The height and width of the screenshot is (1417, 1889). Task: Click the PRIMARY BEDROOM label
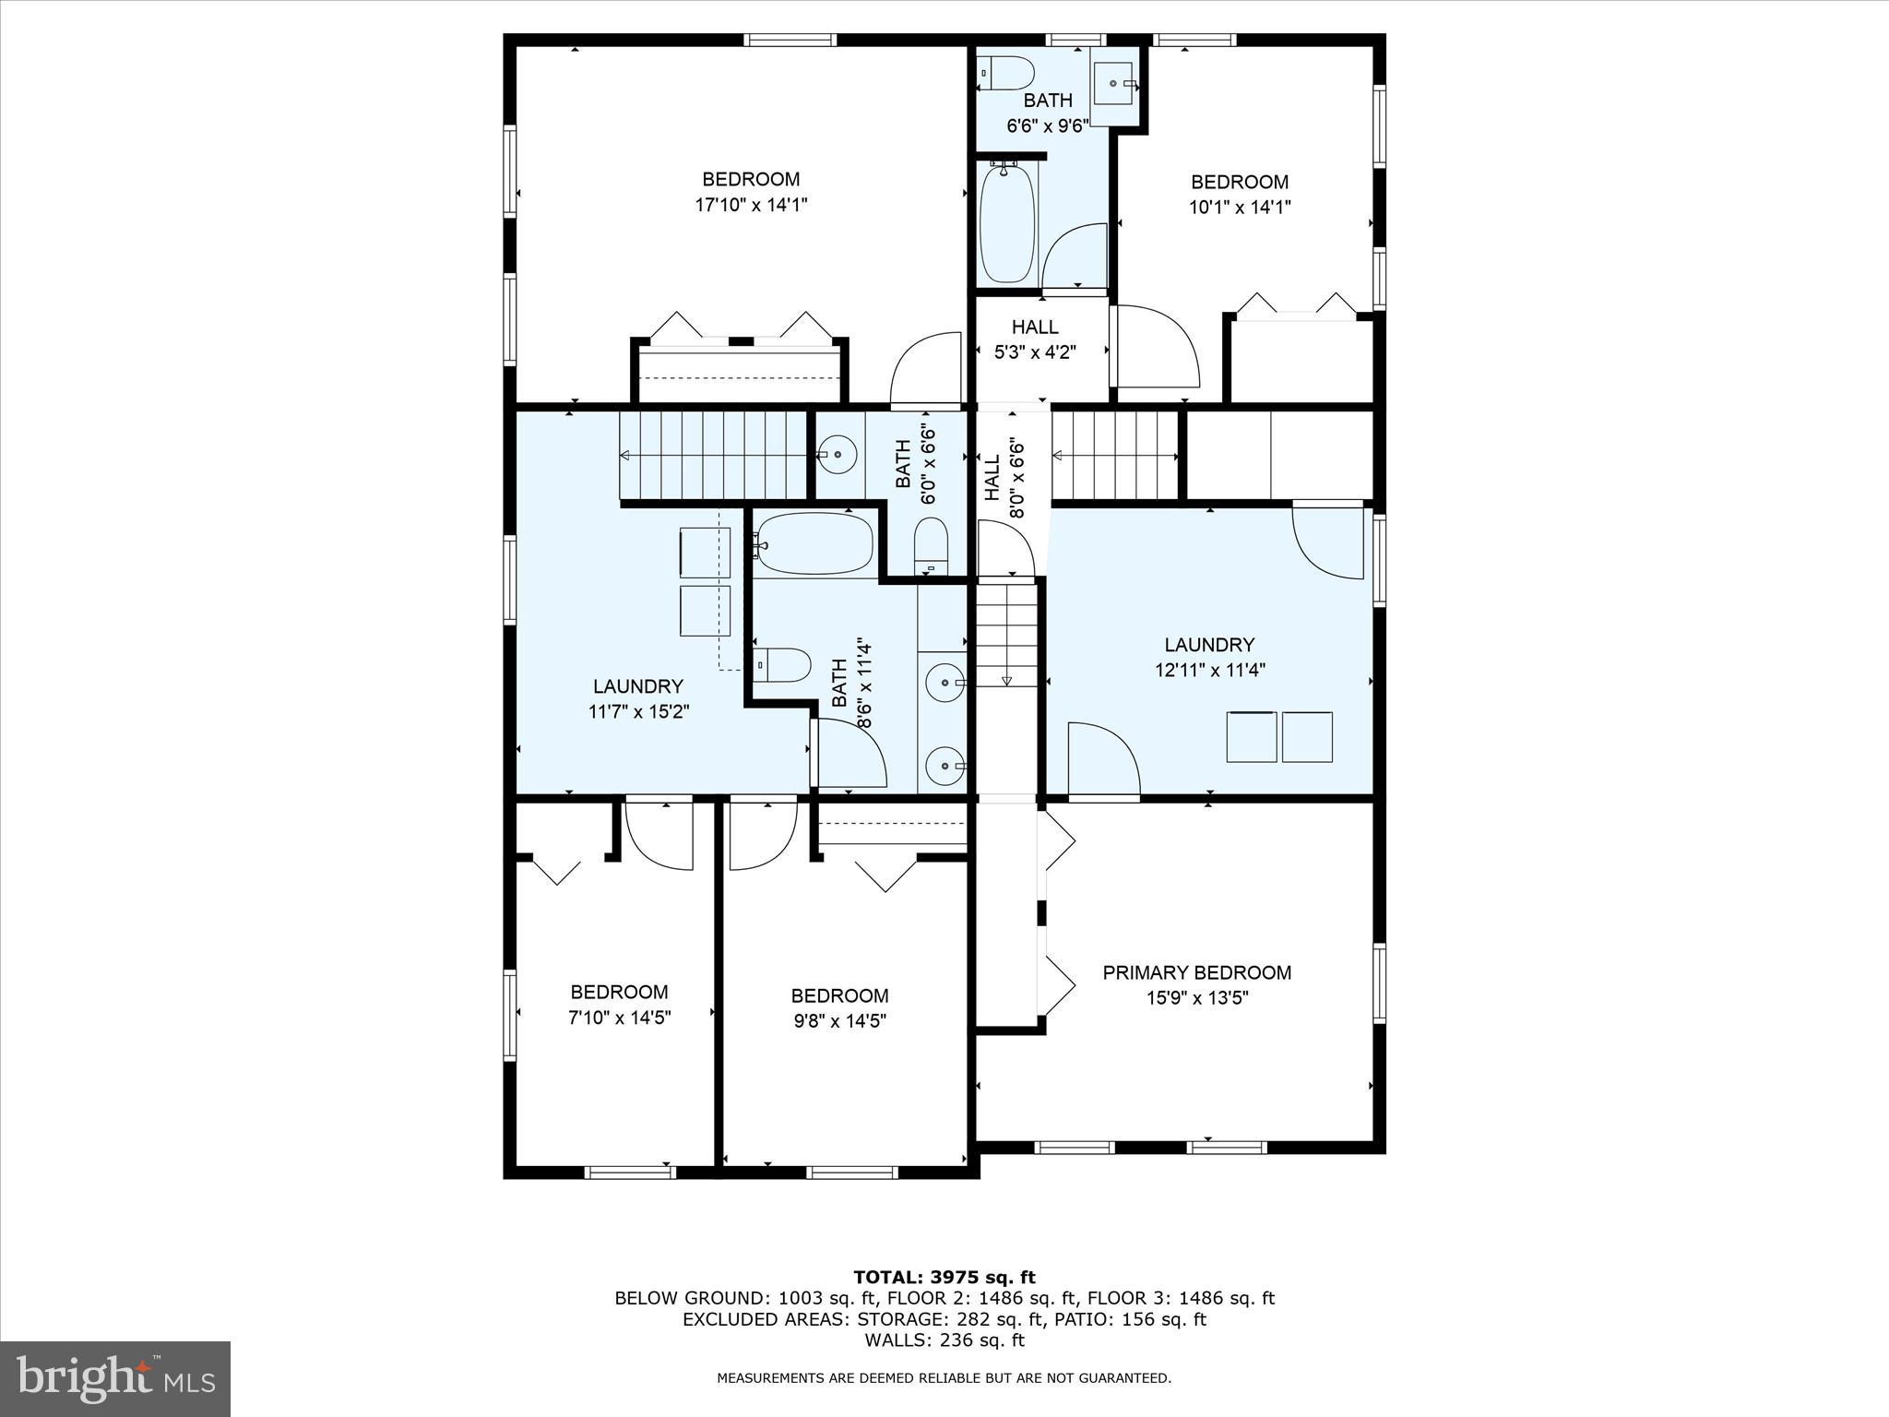pyautogui.click(x=1197, y=972)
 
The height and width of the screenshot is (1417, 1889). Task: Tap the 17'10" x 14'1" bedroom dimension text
pyautogui.click(x=751, y=205)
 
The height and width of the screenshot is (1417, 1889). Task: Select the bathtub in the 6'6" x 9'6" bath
pyautogui.click(x=1006, y=224)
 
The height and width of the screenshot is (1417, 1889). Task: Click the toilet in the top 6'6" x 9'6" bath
pyautogui.click(x=1006, y=73)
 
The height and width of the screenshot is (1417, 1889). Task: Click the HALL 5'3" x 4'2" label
pyautogui.click(x=1035, y=339)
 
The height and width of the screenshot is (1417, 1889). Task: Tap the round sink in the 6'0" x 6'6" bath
pyautogui.click(x=838, y=454)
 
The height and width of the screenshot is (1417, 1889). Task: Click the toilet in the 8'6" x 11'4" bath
pyautogui.click(x=781, y=664)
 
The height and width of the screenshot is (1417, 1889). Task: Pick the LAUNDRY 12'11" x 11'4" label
pyautogui.click(x=1209, y=657)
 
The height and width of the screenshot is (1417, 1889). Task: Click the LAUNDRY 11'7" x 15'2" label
pyautogui.click(x=638, y=698)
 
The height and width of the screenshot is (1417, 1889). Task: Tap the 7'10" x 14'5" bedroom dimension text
pyautogui.click(x=619, y=1018)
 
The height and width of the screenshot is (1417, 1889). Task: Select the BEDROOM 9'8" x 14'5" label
pyautogui.click(x=839, y=1007)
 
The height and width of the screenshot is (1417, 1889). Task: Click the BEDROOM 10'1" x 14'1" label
pyautogui.click(x=1239, y=194)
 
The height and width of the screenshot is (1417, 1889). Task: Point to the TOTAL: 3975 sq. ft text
pyautogui.click(x=944, y=1277)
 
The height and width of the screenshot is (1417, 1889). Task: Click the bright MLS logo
pyautogui.click(x=115, y=1378)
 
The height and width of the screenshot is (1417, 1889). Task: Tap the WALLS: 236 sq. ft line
pyautogui.click(x=944, y=1340)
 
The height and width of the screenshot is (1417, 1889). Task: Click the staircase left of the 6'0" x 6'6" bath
pyautogui.click(x=712, y=456)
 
